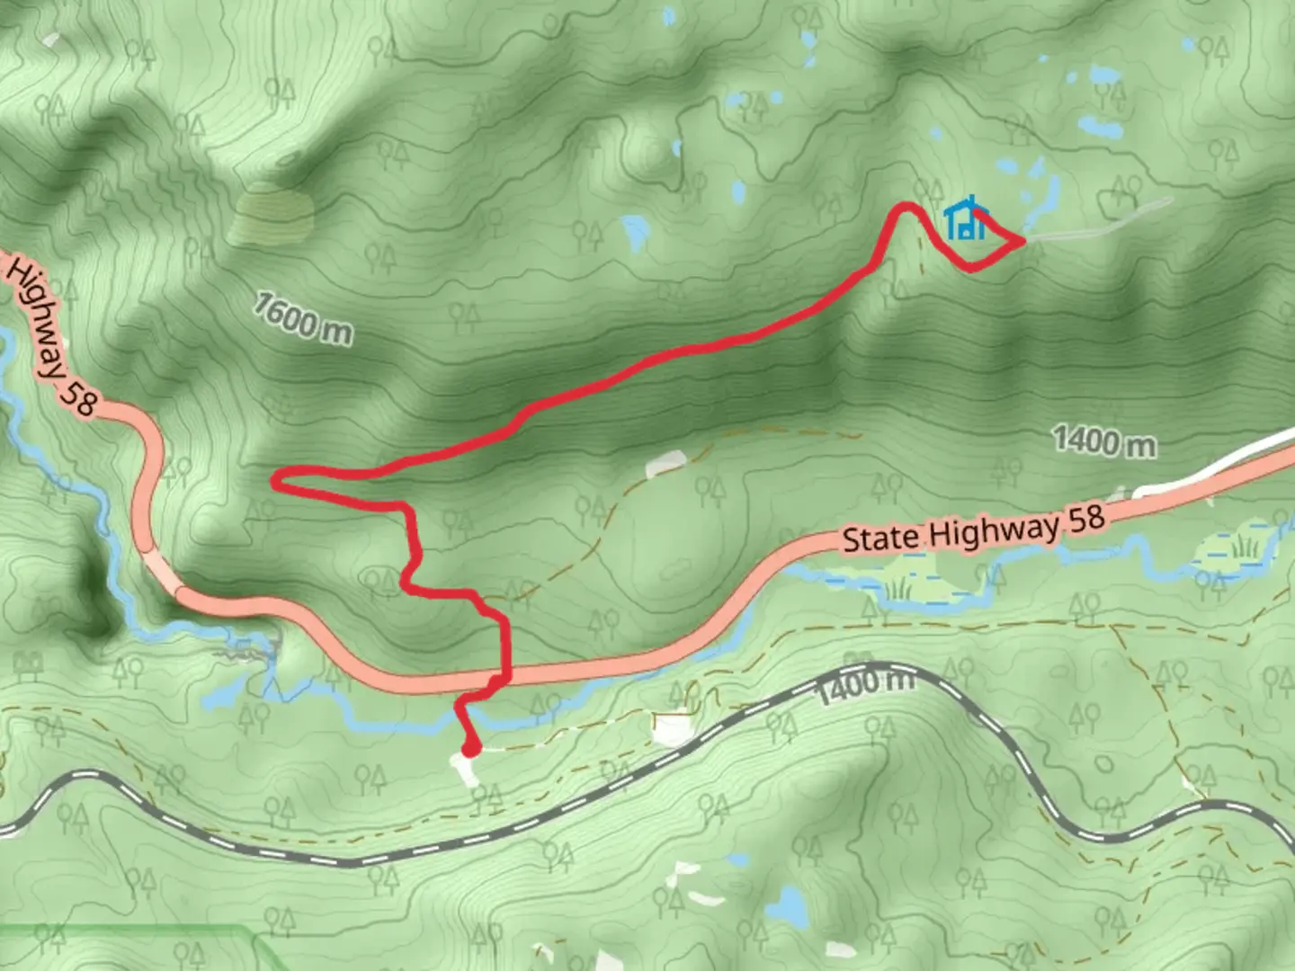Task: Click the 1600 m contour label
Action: coord(302,317)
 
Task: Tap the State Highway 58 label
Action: coord(973,530)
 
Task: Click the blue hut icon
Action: coord(966,219)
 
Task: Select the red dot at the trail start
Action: coord(470,748)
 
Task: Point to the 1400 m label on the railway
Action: coord(865,684)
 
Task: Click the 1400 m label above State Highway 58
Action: coord(1104,441)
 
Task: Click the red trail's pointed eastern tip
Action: coord(1022,241)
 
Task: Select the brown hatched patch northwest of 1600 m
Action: coord(270,214)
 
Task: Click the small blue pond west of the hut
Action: coord(635,230)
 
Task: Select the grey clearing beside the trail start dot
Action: coord(464,770)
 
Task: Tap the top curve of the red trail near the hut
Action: coord(906,209)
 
